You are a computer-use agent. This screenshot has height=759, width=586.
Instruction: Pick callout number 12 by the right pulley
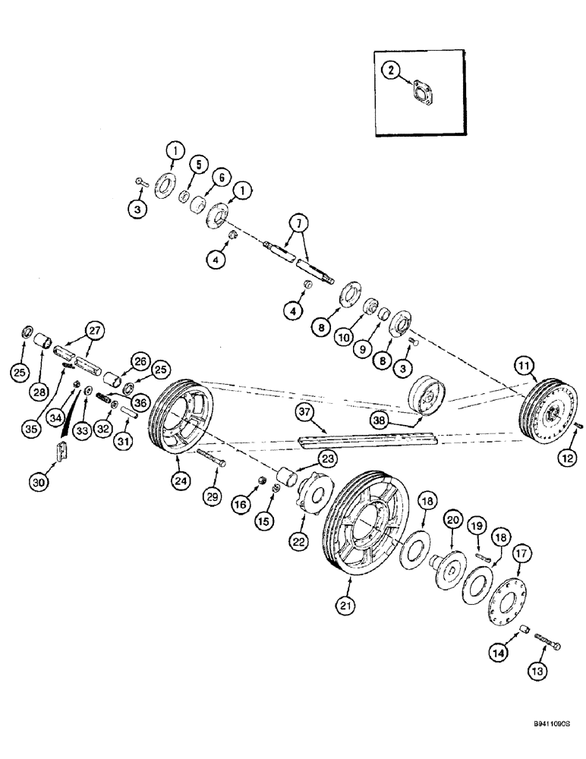pyautogui.click(x=569, y=457)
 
